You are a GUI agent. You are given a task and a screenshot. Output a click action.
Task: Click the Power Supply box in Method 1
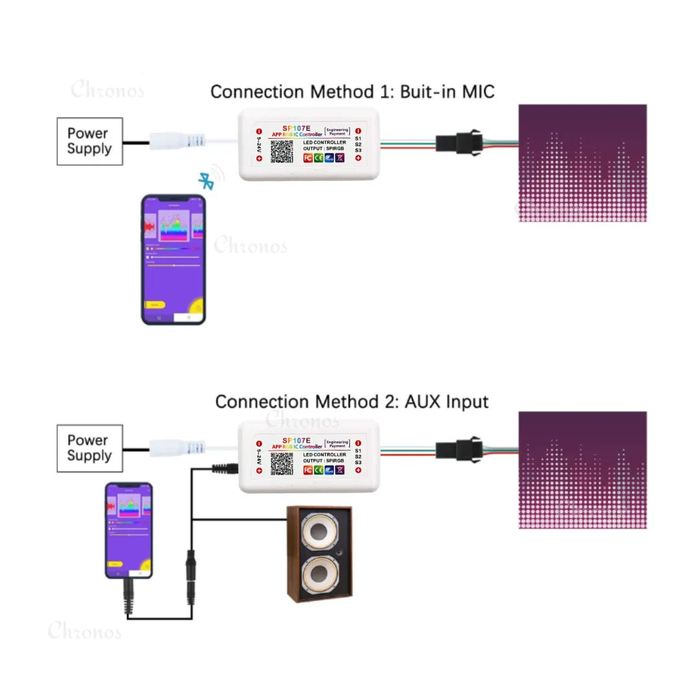click(x=89, y=141)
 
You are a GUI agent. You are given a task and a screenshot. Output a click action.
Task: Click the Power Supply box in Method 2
click(x=89, y=448)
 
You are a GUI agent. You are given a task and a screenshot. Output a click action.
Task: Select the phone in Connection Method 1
click(x=174, y=259)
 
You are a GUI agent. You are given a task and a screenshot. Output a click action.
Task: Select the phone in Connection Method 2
click(x=129, y=530)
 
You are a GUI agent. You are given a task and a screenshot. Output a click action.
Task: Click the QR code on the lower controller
click(x=282, y=463)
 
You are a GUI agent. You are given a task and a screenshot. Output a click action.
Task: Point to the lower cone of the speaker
click(x=320, y=575)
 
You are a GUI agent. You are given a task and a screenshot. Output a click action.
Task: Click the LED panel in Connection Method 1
click(x=583, y=163)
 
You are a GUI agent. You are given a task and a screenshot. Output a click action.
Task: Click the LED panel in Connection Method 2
click(x=583, y=470)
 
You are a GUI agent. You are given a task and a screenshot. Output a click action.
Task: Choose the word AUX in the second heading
click(x=425, y=402)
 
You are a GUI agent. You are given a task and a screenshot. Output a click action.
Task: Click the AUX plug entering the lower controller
click(x=226, y=467)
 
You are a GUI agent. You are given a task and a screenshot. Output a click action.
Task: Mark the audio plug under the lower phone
click(x=128, y=597)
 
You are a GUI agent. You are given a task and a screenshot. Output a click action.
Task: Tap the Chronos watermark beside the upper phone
click(x=250, y=246)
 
